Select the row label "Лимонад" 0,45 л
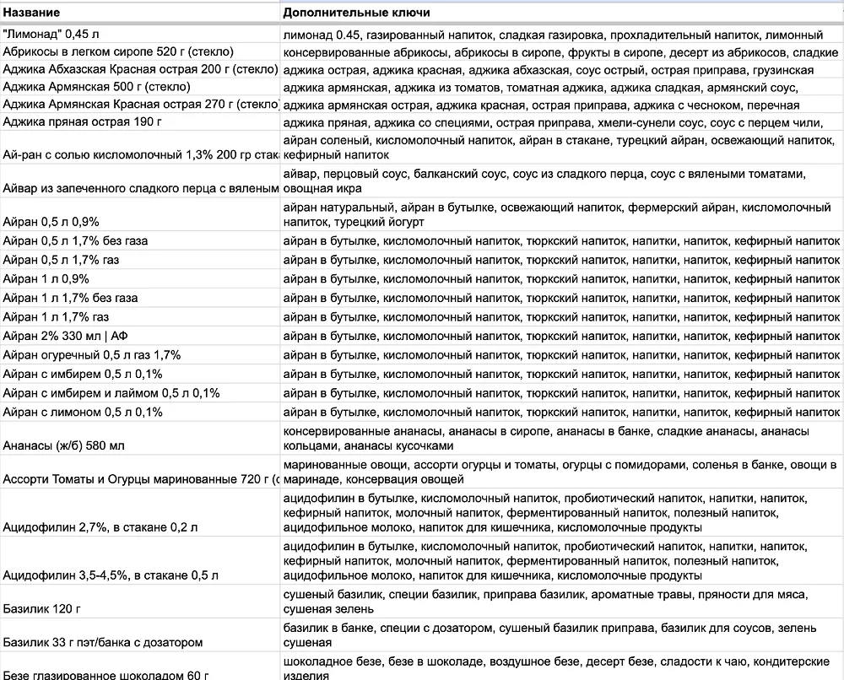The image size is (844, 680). pos(51,35)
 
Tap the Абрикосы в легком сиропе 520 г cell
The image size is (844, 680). pos(118,51)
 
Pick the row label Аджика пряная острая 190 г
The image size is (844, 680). pos(82,121)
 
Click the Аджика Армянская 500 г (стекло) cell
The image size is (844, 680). pos(97,86)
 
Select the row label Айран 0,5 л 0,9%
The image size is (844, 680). pos(51,222)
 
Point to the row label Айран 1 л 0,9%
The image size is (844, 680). pos(46,278)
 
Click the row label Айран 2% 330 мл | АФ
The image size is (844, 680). pos(67,336)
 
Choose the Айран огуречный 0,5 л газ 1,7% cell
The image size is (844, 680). pos(92,354)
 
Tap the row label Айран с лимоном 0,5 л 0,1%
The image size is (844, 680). pos(83,412)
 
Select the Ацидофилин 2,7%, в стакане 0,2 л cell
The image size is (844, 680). pos(100,527)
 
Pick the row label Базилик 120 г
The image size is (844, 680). pos(43,609)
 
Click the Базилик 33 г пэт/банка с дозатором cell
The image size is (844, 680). pos(103,642)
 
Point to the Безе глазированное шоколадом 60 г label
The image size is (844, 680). pos(105,675)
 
